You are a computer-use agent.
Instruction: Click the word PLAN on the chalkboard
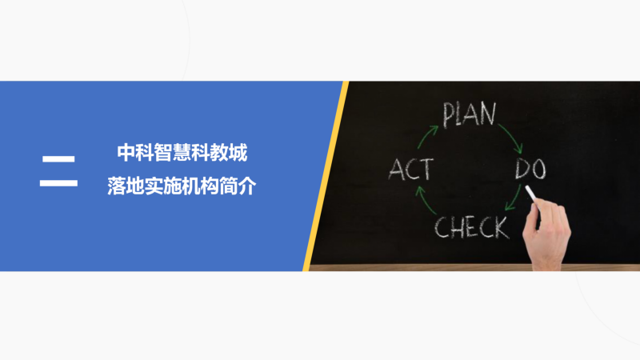coord(470,114)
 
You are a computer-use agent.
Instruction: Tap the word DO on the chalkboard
coord(530,169)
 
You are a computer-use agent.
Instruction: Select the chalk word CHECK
coord(472,227)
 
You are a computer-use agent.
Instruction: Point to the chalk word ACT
coord(410,169)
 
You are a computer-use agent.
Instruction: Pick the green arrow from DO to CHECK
coord(514,198)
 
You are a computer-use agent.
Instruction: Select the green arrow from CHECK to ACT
coord(425,201)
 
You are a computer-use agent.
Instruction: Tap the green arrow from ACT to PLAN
coord(426,136)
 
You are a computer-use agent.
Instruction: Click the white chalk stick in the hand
coord(531,194)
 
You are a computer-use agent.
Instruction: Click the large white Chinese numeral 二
coord(58,170)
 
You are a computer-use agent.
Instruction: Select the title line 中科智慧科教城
coord(182,153)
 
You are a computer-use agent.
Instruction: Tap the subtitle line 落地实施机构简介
coord(182,186)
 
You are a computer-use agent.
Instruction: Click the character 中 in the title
coord(126,153)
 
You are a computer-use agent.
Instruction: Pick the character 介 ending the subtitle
coord(247,186)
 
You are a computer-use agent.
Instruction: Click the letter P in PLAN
coord(449,115)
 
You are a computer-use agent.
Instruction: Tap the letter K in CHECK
coord(502,228)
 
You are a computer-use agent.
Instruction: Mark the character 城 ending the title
coord(238,153)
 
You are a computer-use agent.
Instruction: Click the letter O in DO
coord(538,170)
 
